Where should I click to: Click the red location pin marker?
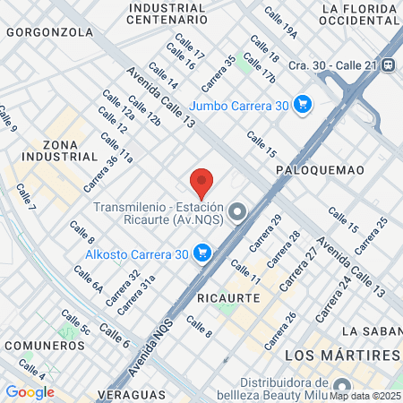click(202, 182)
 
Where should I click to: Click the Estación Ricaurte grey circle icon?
click(237, 212)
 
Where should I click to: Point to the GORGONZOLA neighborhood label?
click(49, 31)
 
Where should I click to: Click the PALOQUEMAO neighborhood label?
click(314, 168)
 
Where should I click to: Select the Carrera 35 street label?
click(219, 73)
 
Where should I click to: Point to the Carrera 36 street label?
click(100, 174)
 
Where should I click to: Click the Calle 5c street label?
click(75, 323)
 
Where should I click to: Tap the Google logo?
click(30, 391)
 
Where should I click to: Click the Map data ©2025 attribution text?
click(364, 395)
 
